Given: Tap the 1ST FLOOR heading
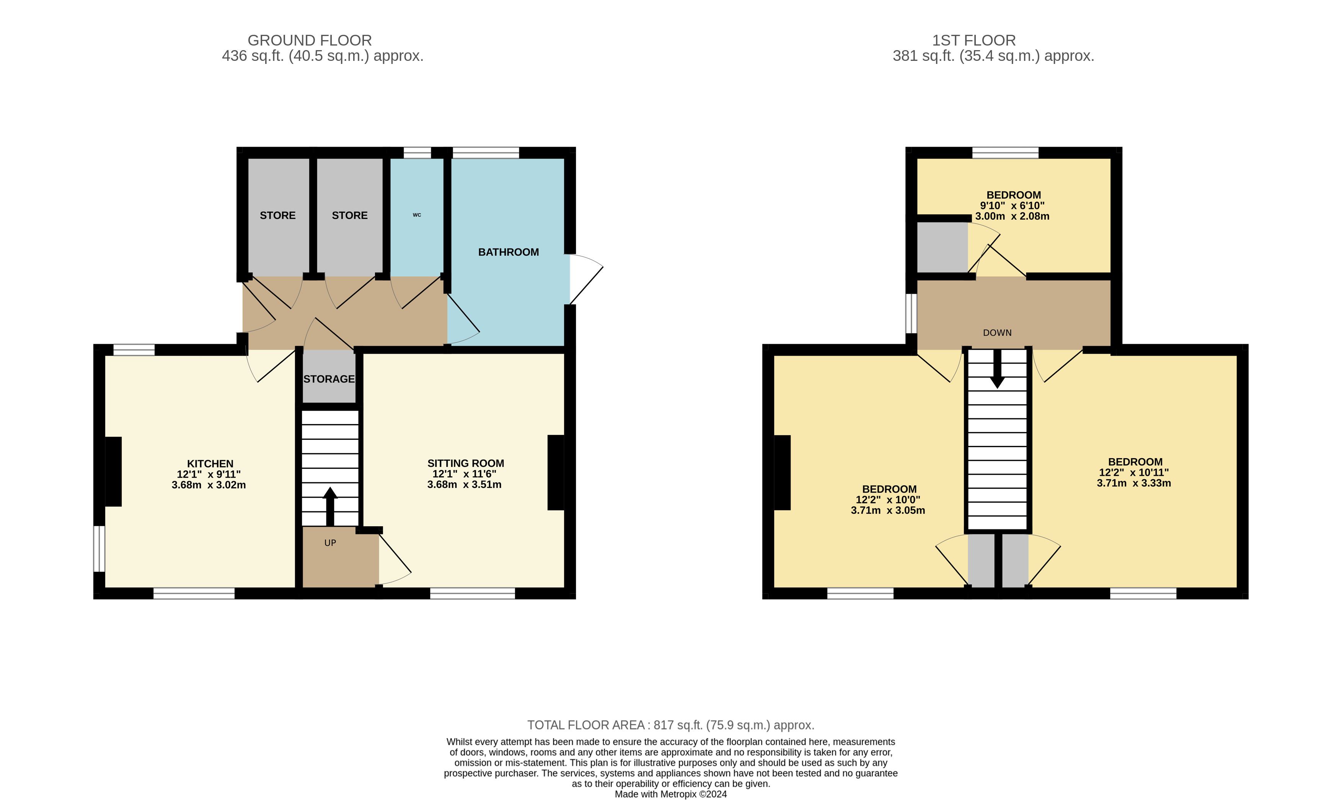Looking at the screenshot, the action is tap(974, 41).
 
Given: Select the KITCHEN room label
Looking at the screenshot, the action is tap(210, 464).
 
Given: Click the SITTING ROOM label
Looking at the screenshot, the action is tap(466, 463).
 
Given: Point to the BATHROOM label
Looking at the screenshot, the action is tap(508, 252).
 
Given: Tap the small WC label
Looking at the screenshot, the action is tap(417, 215).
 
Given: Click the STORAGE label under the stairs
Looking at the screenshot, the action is tap(329, 379).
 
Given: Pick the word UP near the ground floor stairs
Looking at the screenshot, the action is tap(330, 543).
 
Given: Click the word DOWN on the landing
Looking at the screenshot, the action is tap(997, 333).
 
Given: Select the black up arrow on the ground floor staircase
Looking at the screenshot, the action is tap(330, 506).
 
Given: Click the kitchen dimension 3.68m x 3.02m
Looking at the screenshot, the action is tap(209, 485).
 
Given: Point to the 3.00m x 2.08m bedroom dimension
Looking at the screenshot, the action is tap(1012, 216).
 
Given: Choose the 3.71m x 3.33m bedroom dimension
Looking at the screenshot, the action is tap(1134, 483).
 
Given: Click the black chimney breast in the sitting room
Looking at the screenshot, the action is tap(556, 472).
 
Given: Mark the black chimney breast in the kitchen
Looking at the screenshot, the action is tap(113, 472).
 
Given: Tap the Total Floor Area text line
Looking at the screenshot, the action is tap(670, 725).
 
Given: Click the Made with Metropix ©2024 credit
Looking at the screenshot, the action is tap(670, 794).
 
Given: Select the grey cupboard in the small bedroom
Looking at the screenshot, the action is tap(942, 247).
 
